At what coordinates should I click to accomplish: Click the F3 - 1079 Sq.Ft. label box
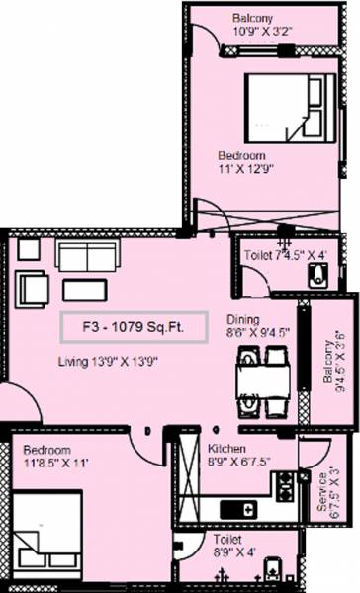coord(132,325)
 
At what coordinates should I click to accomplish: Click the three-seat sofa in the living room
coord(87,256)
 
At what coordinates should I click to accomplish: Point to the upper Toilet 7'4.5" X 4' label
coord(285,255)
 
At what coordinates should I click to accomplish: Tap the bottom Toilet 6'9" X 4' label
coord(234,548)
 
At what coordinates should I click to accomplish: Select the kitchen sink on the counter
coord(239,510)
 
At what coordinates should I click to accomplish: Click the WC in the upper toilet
coord(317,278)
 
